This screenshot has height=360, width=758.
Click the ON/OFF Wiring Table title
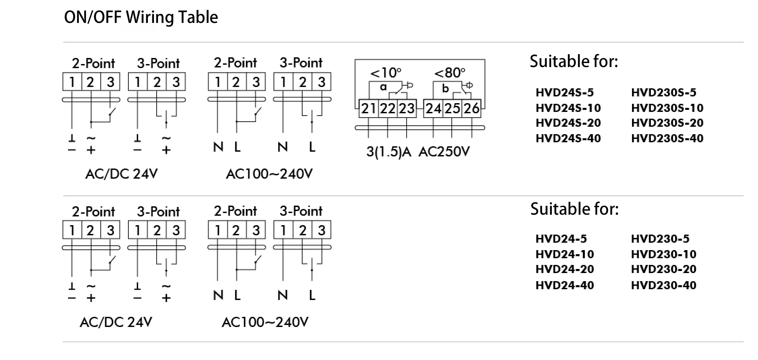tap(141, 17)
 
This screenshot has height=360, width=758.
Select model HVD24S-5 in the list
tap(565, 92)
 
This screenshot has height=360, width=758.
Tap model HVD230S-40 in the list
tap(667, 138)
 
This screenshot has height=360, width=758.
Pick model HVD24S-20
tap(568, 123)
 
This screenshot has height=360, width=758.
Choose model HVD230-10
tap(663, 254)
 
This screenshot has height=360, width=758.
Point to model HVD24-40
tap(565, 285)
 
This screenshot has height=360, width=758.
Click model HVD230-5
tap(660, 239)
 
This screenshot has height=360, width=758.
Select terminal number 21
tap(368, 109)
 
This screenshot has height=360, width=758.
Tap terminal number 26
tap(471, 109)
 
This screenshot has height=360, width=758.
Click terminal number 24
tap(433, 109)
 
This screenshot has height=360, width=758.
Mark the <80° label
tap(449, 73)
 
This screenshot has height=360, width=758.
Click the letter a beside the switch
tap(383, 87)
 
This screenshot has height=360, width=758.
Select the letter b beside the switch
tap(445, 89)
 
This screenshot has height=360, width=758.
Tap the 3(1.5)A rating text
tap(389, 152)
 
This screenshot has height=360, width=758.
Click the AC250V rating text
tap(444, 152)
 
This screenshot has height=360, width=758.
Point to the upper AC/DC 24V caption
tap(121, 174)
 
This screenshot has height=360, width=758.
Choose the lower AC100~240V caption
tap(265, 322)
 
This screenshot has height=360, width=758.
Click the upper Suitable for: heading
tap(574, 61)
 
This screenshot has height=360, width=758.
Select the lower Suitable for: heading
tap(574, 209)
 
